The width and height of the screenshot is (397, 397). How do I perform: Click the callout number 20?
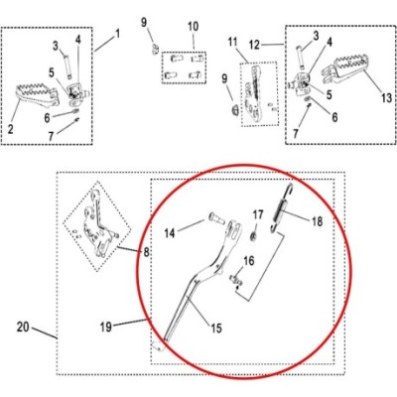[x=23, y=327]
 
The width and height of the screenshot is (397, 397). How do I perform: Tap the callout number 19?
[x=106, y=327]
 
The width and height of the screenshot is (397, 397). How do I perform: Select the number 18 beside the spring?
[x=317, y=221]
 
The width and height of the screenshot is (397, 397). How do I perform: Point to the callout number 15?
[x=216, y=329]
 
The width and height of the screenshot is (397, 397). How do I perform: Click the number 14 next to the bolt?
[x=170, y=233]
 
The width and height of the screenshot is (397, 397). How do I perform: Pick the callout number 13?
[x=386, y=98]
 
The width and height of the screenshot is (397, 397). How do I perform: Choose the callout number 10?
[x=194, y=27]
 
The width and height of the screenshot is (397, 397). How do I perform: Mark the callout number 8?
[x=146, y=252]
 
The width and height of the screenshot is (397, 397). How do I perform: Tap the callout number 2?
[x=11, y=129]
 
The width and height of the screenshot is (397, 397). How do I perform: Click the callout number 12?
[x=254, y=45]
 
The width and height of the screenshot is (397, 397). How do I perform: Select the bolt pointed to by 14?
[x=217, y=218]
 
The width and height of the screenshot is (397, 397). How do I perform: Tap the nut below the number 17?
[x=253, y=236]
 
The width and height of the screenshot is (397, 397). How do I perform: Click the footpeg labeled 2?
[x=37, y=96]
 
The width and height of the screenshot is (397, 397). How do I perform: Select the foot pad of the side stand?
[x=159, y=345]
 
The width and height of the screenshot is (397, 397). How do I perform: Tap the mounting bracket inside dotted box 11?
[x=255, y=94]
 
